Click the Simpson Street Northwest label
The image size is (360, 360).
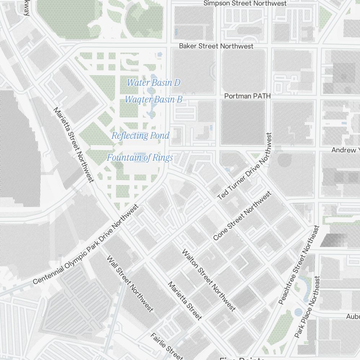[245, 3]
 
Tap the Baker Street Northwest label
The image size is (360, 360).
[216, 46]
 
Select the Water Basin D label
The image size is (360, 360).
[153, 82]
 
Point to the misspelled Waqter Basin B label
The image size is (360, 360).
[153, 99]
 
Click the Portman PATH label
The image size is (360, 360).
[247, 96]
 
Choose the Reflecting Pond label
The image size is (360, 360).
[140, 136]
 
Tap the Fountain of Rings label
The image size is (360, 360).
[140, 157]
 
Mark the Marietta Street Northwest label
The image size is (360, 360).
[73, 144]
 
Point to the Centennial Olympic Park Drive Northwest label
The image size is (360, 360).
[86, 245]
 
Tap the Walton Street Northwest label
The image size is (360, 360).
[209, 280]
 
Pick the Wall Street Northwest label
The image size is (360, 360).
[130, 284]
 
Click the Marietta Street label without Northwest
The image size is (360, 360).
[185, 301]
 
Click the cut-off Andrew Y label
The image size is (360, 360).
[345, 150]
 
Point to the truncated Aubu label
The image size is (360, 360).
[352, 316]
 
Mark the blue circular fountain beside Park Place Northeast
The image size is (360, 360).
[298, 312]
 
